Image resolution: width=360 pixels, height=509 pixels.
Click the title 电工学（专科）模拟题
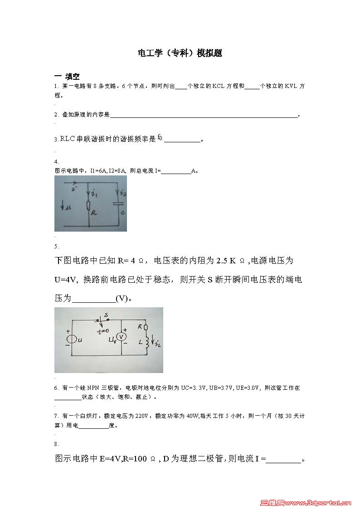point(180,53)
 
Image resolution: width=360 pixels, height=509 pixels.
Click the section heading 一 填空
point(67,76)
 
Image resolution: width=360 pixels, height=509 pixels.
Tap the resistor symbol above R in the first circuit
point(90,207)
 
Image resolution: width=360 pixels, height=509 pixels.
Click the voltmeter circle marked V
point(121,337)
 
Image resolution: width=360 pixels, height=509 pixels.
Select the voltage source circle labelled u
point(71,339)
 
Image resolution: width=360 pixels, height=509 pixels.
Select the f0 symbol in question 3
point(160,138)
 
